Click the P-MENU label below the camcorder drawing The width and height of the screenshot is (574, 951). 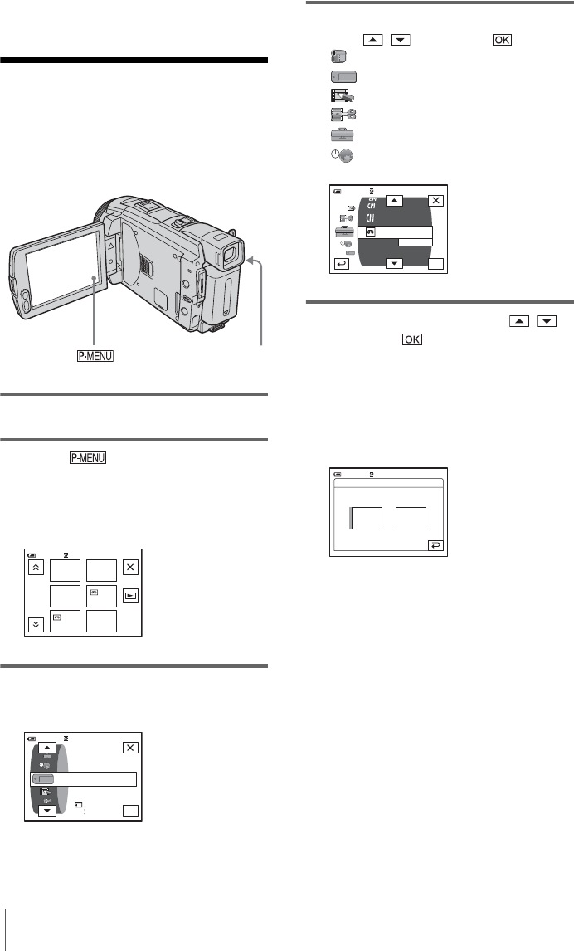coord(95,356)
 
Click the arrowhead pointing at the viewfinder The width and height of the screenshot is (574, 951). coord(251,261)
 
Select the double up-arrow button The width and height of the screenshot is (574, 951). coord(36,568)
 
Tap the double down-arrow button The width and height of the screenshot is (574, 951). coord(36,624)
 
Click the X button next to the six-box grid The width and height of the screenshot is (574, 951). coord(130,567)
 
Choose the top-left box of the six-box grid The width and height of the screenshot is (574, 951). coord(65,571)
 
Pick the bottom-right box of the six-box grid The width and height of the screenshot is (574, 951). coord(101,621)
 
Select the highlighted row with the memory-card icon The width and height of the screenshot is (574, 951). coord(84,779)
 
